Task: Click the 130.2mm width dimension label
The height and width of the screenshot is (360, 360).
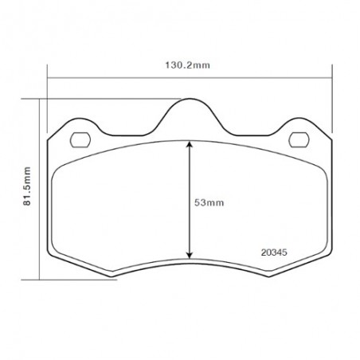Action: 188,65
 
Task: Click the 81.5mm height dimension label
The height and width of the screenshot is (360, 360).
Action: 27,186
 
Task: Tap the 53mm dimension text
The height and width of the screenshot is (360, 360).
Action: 209,203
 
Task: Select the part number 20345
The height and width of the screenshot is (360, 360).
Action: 274,252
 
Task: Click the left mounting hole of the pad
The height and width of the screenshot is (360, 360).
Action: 80,139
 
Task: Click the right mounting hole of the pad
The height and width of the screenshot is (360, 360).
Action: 299,139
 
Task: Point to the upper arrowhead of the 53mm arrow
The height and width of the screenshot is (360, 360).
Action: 189,144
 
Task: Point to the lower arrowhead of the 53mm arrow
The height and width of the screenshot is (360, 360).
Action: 189,256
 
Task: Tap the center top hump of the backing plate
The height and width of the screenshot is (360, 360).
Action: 190,99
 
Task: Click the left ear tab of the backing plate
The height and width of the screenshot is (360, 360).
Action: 79,119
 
